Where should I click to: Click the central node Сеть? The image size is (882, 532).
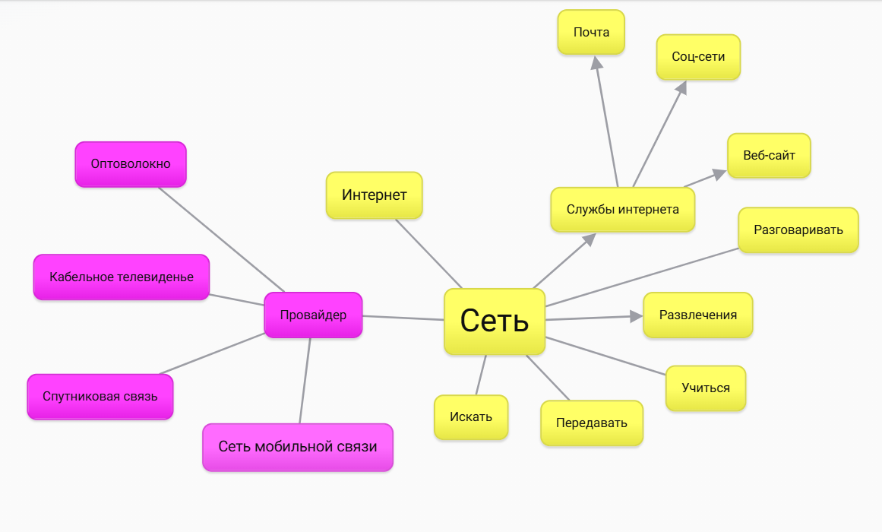[495, 321]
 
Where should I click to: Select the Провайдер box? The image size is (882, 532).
[313, 315]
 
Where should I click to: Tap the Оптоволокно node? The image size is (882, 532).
[131, 164]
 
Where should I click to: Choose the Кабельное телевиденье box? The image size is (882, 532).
[122, 277]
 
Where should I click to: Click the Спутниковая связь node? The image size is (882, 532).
[100, 396]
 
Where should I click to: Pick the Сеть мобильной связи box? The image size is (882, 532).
[298, 447]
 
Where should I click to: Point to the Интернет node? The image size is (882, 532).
[375, 195]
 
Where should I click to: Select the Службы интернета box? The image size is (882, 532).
[623, 209]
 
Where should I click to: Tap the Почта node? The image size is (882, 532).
[591, 33]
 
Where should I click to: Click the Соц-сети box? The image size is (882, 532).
[698, 57]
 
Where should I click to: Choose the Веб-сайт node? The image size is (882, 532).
[769, 156]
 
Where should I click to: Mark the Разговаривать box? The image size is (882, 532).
[798, 230]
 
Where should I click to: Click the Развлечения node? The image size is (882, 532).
[698, 315]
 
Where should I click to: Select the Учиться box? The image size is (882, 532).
[706, 388]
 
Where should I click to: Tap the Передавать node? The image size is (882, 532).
[592, 423]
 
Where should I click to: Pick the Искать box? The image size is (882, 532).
[471, 417]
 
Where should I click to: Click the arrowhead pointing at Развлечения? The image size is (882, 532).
[637, 316]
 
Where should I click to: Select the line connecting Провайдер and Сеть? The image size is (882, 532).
[403, 318]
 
